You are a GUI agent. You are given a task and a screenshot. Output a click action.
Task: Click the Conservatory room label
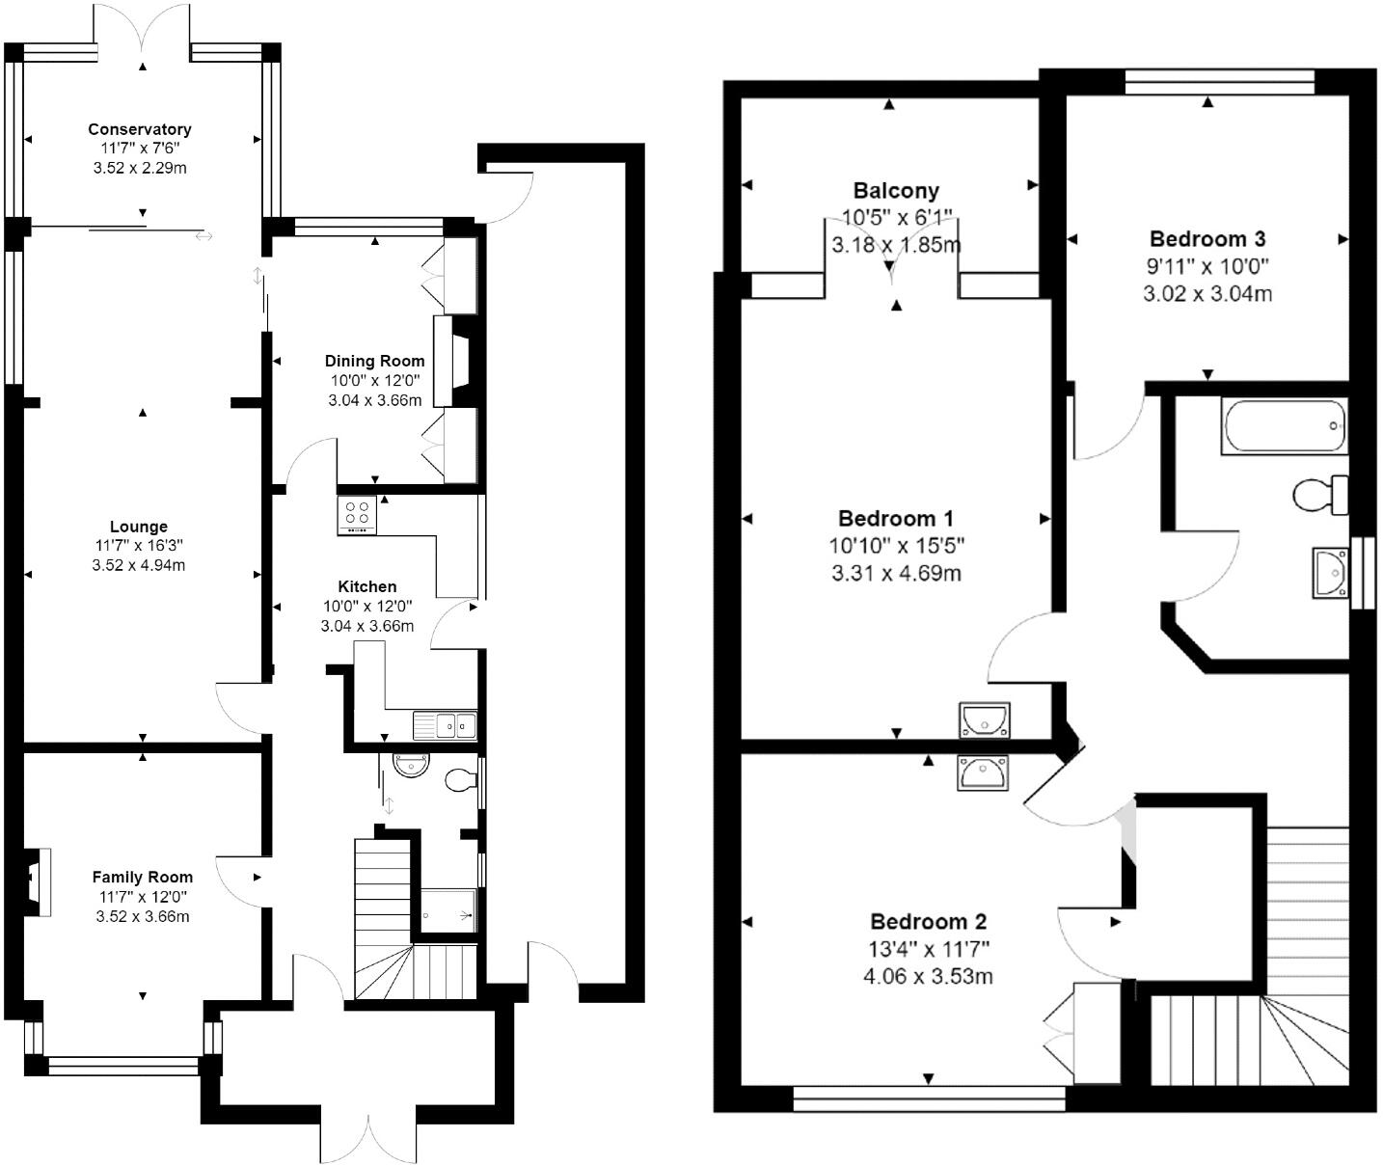[140, 129]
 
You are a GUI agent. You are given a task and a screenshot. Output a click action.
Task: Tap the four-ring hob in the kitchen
[357, 515]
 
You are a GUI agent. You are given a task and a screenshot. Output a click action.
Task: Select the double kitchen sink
[445, 724]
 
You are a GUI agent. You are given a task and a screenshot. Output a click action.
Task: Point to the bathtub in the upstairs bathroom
[1284, 425]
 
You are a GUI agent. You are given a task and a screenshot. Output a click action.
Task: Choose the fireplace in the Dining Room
[451, 360]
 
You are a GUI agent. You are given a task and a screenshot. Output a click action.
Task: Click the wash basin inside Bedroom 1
[984, 719]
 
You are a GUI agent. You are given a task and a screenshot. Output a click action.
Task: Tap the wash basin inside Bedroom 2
[983, 772]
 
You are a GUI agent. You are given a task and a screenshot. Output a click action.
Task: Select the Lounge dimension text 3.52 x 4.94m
[139, 565]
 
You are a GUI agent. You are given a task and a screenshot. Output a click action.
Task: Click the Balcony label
[896, 191]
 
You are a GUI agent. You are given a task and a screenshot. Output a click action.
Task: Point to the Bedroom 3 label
[1207, 239]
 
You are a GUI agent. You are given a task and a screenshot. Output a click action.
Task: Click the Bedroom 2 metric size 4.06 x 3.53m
[928, 976]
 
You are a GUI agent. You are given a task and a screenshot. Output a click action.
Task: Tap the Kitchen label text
[366, 586]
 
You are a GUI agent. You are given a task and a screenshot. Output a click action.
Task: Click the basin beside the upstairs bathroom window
[1330, 573]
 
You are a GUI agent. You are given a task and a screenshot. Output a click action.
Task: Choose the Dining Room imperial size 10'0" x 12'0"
[374, 380]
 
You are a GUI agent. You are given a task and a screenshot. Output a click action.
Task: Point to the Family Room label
[143, 877]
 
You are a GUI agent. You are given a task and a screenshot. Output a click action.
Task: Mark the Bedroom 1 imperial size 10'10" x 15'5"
[896, 546]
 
